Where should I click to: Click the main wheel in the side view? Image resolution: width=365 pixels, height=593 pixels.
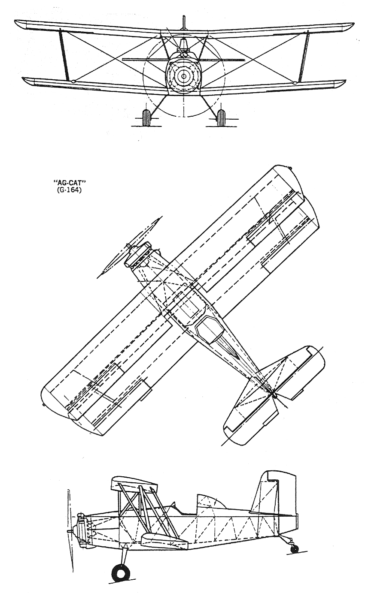[x=120, y=570]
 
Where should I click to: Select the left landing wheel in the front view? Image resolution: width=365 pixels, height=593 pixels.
[x=146, y=117]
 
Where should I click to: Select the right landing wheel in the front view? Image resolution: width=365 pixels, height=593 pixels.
[x=221, y=117]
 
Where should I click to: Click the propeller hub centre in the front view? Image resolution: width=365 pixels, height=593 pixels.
[x=183, y=76]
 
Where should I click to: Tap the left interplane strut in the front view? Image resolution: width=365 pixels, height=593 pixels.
[x=64, y=54]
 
